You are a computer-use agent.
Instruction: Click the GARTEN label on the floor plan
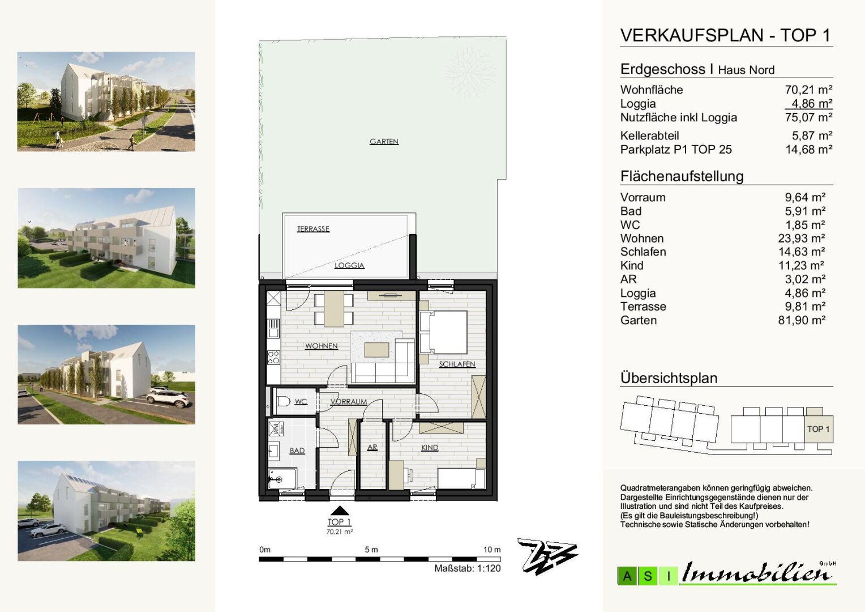(384, 142)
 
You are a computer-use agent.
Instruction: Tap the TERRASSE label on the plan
(313, 229)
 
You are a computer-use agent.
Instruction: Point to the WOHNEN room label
(322, 346)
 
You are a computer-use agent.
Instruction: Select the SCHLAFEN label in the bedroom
(457, 364)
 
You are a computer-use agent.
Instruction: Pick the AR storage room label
(372, 448)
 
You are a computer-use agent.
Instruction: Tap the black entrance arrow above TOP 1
(340, 511)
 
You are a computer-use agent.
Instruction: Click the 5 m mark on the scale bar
(371, 550)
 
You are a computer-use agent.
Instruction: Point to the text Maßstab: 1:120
(467, 568)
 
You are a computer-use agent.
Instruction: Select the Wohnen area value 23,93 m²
(802, 238)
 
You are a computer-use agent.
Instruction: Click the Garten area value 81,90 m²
(802, 320)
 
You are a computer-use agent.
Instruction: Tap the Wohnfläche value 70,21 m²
(808, 90)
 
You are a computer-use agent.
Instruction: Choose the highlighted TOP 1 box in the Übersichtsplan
(819, 429)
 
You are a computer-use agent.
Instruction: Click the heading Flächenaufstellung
(682, 176)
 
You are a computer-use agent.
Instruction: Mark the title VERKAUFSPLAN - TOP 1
(725, 35)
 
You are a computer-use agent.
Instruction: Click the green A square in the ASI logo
(627, 576)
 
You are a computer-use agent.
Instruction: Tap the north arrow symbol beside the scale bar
(547, 556)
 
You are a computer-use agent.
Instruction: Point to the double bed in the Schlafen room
(443, 331)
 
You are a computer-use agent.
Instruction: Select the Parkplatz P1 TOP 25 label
(676, 150)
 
